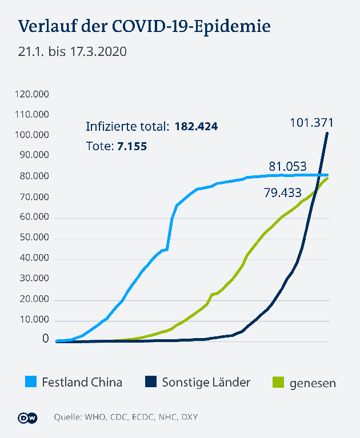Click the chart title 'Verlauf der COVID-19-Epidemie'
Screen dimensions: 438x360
(144, 27)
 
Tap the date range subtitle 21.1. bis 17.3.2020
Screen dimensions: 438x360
(72, 51)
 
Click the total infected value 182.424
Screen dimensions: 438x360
(196, 126)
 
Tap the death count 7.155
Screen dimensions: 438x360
(132, 146)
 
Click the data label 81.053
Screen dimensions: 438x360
(287, 166)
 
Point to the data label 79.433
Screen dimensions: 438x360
(282, 193)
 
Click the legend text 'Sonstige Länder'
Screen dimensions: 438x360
(206, 382)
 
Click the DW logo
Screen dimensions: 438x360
(29, 417)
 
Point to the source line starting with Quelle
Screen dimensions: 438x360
(126, 417)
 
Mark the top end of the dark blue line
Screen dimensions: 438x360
(327, 133)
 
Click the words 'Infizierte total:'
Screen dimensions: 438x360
(127, 126)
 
